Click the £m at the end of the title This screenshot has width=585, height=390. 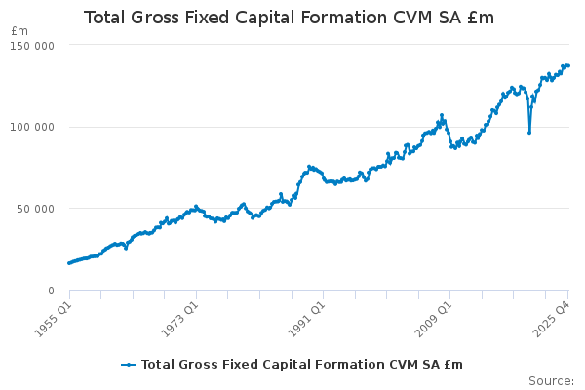(x=480, y=18)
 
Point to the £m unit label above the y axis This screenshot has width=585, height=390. (x=19, y=31)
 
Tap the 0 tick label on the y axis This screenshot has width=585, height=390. (x=50, y=291)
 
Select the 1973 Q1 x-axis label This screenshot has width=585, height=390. (x=179, y=317)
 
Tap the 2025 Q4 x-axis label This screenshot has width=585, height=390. (x=553, y=317)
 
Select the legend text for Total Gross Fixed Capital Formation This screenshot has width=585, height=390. (x=302, y=365)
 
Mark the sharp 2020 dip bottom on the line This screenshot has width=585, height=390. (x=529, y=133)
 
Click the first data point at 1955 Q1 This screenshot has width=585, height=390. (x=69, y=263)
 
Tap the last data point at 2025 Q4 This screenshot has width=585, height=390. (x=568, y=65)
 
